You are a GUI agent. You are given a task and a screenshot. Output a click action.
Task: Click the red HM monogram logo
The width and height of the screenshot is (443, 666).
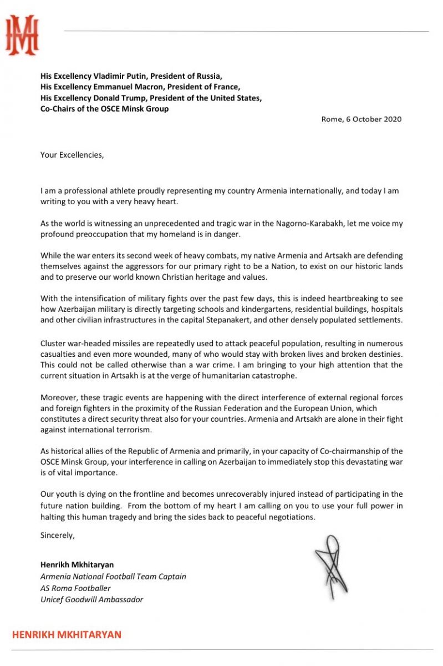pos(22,35)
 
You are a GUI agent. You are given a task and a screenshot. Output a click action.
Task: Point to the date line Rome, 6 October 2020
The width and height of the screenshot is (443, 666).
pos(361,119)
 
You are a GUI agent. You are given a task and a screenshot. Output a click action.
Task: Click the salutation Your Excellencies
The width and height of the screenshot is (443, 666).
pos(72,155)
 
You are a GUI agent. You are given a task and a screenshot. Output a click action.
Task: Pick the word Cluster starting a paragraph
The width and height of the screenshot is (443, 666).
pos(54,344)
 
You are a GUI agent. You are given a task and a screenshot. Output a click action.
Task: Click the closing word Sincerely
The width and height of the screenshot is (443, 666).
pos(57,536)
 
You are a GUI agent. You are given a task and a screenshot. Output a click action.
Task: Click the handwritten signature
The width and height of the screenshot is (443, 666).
pos(332,566)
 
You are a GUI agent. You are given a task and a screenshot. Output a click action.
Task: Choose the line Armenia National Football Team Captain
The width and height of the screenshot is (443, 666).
pos(113,576)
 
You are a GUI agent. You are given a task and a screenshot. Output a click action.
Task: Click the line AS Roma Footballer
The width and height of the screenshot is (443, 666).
pos(75,588)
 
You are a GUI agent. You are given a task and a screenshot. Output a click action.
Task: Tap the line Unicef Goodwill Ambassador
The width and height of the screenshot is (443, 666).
pos(91,599)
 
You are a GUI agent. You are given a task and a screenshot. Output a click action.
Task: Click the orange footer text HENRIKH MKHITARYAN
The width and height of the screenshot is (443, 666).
pos(67,634)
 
